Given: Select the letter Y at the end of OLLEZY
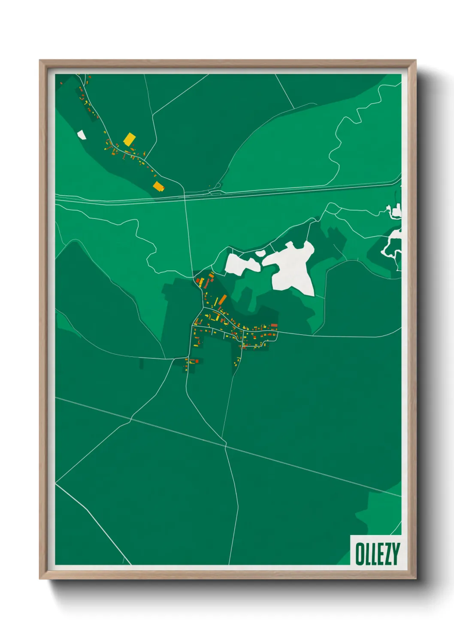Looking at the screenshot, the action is click(x=395, y=553).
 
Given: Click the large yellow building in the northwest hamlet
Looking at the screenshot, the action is click(x=129, y=139).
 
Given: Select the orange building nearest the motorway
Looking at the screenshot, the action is click(x=159, y=186).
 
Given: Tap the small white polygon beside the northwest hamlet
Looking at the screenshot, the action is click(x=81, y=135).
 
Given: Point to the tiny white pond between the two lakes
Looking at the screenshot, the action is click(x=260, y=253).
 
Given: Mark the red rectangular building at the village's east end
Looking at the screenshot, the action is click(x=274, y=326).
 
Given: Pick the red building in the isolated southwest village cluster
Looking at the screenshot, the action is click(x=197, y=361).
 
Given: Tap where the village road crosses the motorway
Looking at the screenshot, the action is click(x=185, y=197).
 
